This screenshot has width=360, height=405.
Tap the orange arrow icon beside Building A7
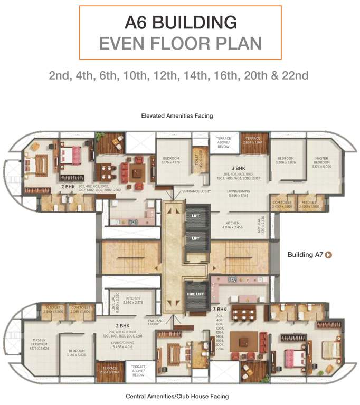tap(328, 255)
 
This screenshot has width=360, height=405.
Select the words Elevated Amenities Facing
tap(177, 115)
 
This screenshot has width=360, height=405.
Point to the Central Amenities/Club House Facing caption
tap(177, 396)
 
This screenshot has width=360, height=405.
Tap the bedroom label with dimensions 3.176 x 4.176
tap(171, 160)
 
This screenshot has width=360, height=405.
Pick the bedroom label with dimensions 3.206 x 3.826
tap(285, 160)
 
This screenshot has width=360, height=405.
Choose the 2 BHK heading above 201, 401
tap(123, 326)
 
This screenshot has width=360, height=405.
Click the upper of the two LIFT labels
tap(196, 216)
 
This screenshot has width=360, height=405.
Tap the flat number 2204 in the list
tap(221, 349)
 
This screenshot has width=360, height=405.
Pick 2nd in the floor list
tap(62, 75)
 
